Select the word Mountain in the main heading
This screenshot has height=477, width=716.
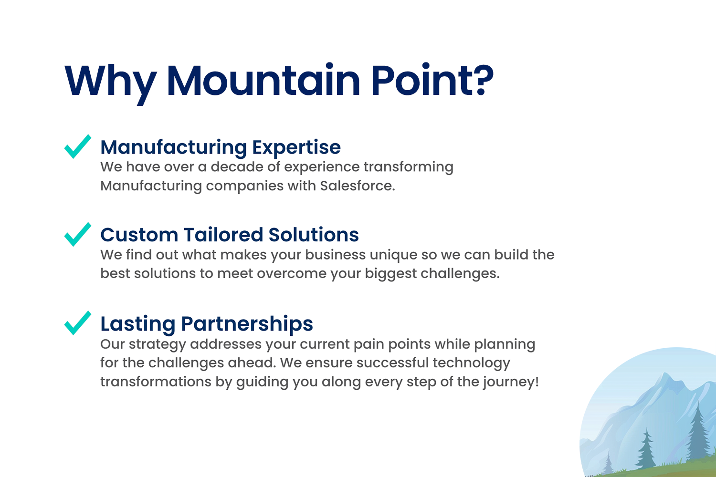(263, 80)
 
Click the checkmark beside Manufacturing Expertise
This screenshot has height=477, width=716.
(78, 146)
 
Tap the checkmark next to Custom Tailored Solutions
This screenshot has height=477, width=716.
(78, 235)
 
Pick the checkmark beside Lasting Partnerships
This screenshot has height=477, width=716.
(78, 323)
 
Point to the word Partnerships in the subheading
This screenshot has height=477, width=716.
(247, 324)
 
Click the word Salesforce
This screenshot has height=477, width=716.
(358, 186)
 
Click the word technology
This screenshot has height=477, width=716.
(472, 363)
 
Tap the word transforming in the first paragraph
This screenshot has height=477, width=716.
(409, 167)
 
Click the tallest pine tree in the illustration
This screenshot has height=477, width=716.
(698, 431)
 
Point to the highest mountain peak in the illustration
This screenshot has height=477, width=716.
(664, 374)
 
